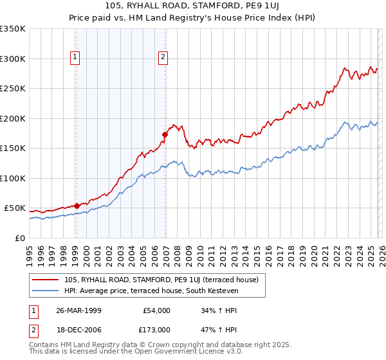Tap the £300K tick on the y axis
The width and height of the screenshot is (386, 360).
coord(13,59)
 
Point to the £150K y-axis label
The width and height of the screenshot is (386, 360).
coord(13,148)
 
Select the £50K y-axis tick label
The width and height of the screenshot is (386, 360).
coord(15,208)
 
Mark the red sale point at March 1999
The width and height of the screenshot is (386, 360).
coord(77,206)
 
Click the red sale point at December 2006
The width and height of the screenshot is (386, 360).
coord(165,135)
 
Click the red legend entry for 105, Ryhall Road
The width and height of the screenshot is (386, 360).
coord(161,280)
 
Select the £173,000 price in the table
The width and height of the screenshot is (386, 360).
coord(156,329)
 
